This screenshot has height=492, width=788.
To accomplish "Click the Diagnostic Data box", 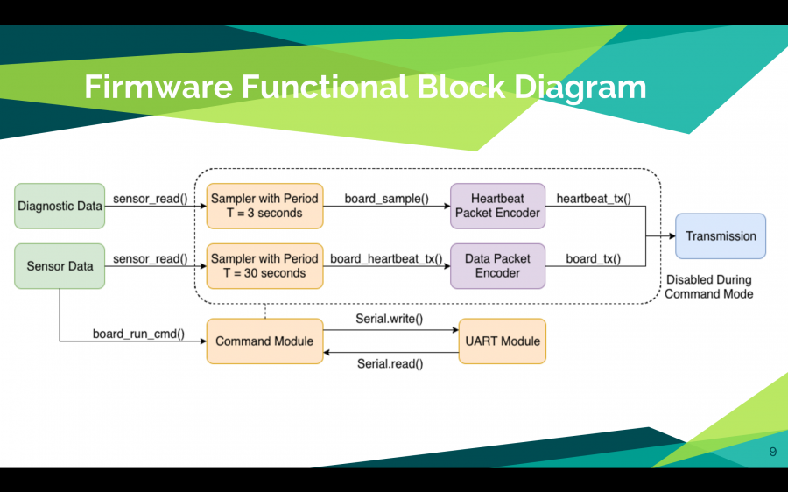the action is click(60, 206).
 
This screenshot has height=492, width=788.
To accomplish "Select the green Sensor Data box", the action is click(60, 266).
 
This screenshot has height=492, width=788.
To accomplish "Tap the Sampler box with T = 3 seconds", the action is click(264, 206).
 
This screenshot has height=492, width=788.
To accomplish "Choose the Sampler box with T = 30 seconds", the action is click(264, 266).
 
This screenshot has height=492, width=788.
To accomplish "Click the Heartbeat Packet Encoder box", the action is click(497, 206).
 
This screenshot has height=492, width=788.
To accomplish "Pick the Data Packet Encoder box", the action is click(497, 266).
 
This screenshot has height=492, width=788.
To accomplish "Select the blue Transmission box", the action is click(721, 236).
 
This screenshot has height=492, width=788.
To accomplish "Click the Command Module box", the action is click(264, 341).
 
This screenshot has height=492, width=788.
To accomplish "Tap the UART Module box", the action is click(503, 341).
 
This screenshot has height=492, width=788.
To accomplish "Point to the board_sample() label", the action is click(386, 199).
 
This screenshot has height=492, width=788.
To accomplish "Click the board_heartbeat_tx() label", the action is click(386, 259).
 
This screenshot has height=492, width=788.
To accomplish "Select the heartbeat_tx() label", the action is click(594, 199).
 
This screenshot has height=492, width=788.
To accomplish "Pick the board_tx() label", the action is click(594, 259).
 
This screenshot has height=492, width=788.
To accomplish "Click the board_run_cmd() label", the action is click(138, 334).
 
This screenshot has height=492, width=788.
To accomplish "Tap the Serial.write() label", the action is click(390, 320).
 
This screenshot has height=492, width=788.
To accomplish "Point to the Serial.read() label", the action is click(390, 364).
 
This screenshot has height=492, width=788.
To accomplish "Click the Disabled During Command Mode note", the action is click(709, 287).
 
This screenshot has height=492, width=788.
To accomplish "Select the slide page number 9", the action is click(773, 452).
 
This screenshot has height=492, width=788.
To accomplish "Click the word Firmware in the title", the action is click(158, 87).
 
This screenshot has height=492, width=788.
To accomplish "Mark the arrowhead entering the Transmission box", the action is click(672, 236).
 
